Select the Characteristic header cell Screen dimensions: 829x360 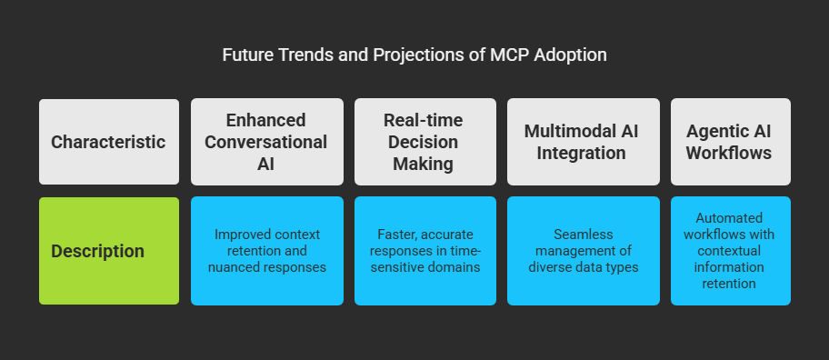(109, 142)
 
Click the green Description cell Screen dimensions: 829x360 (109, 251)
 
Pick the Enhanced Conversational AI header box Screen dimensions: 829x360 (267, 142)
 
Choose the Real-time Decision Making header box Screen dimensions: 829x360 (425, 142)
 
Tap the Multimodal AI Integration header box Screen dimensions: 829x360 (584, 142)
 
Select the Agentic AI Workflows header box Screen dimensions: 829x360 (731, 142)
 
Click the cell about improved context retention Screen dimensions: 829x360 (267, 251)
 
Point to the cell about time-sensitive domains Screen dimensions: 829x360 (425, 251)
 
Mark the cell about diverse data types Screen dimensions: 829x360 (584, 251)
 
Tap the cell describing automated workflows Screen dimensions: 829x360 (731, 251)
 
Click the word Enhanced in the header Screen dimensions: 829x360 (266, 120)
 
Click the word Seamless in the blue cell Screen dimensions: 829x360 (584, 235)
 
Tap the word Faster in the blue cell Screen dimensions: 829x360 (397, 235)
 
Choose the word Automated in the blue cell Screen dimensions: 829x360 (729, 218)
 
